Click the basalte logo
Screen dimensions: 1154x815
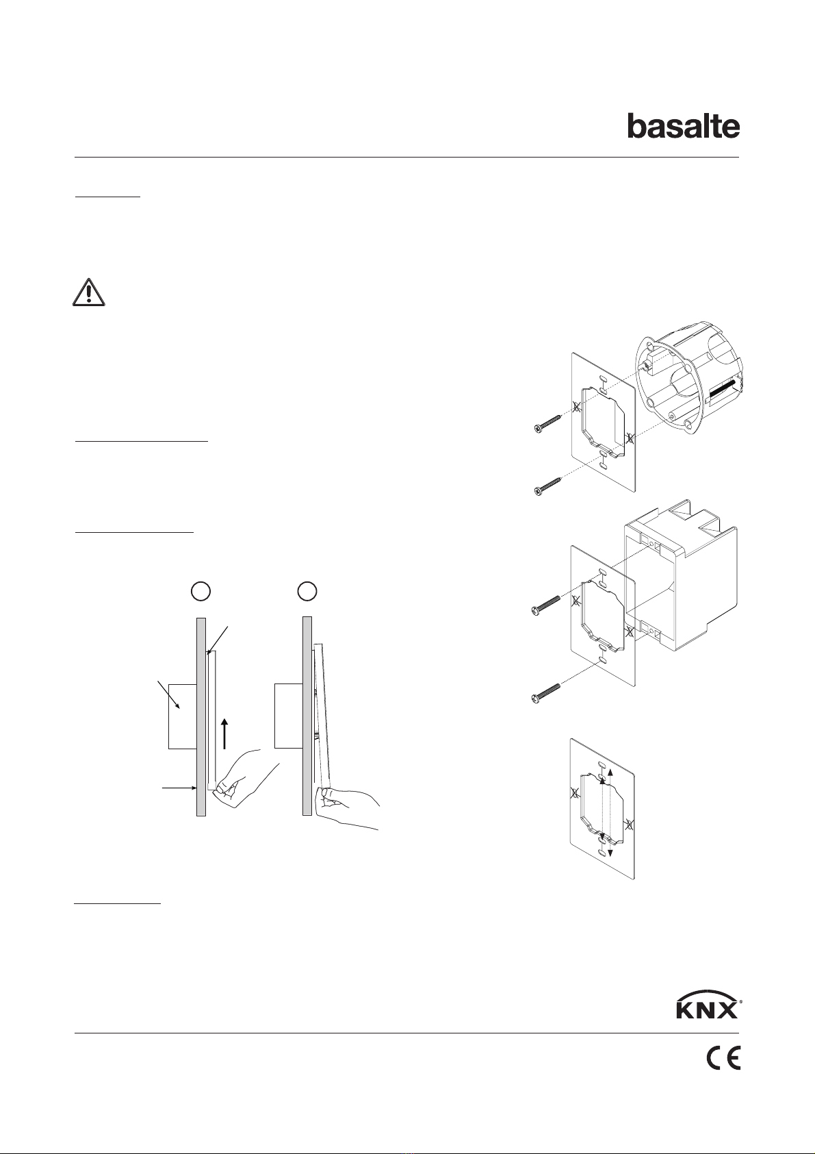684,127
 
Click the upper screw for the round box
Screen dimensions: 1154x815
547,425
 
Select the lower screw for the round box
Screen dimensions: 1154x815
547,486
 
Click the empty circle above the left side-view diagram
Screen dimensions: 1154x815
199,590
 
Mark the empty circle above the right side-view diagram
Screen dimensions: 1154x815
308,590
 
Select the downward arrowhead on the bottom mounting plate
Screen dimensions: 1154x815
610,852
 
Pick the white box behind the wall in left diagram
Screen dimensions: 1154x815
181,715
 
